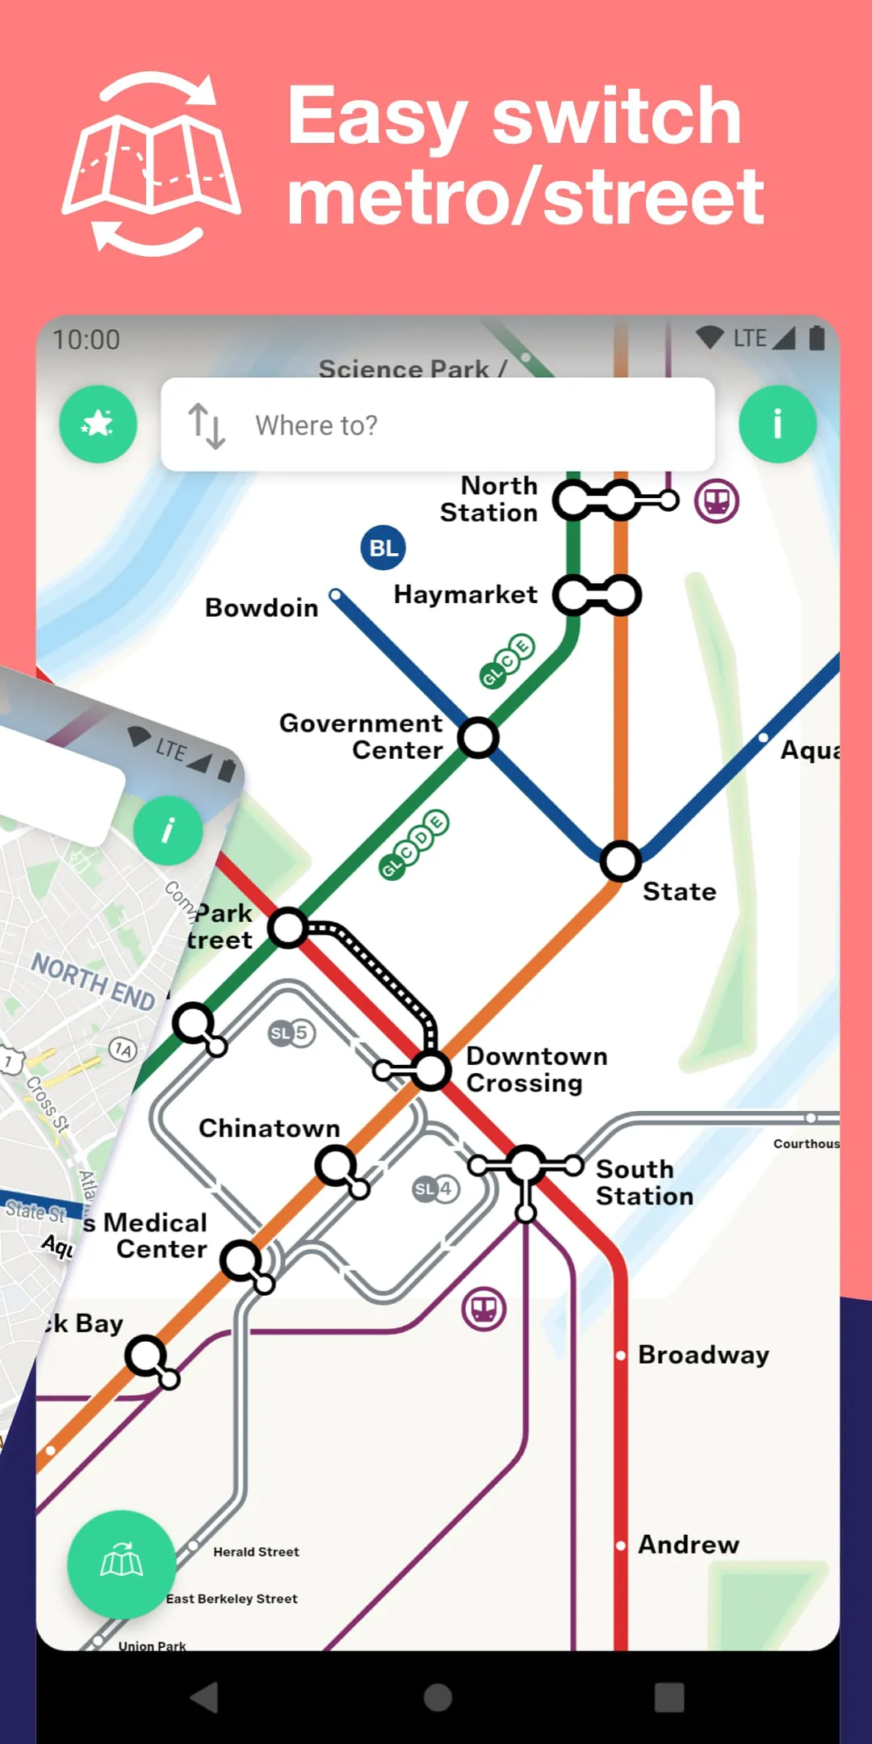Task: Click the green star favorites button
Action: [x=98, y=424]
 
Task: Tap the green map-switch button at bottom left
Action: [x=121, y=1564]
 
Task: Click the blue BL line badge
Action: [x=383, y=548]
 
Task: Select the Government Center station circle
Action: [x=478, y=738]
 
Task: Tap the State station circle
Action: [x=620, y=861]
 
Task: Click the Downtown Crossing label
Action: [x=536, y=1069]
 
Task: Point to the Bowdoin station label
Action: [x=262, y=608]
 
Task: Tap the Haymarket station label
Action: [x=465, y=595]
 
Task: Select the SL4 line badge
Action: [x=435, y=1189]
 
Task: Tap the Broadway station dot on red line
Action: [x=620, y=1355]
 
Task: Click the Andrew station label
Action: [x=688, y=1545]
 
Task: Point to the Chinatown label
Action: [x=269, y=1128]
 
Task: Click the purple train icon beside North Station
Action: [x=716, y=501]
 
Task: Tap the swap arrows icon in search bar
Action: [x=206, y=426]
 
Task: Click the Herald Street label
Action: [x=256, y=1552]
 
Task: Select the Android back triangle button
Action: [x=205, y=1697]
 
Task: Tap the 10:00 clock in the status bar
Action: [x=86, y=340]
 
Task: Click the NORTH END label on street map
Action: [x=93, y=981]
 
